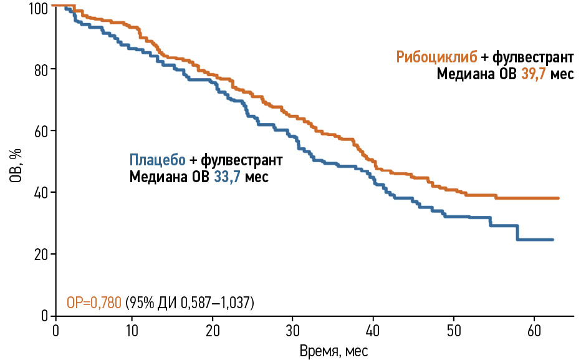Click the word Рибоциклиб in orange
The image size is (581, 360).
(437, 57)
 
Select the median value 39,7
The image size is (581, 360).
(535, 74)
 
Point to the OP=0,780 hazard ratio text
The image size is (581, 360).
(94, 303)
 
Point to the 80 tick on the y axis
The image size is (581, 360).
(41, 69)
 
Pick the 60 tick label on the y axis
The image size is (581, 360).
(41, 130)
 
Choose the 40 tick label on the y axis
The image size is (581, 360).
(41, 192)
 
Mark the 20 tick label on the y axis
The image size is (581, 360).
(41, 254)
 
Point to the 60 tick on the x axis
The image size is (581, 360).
(534, 329)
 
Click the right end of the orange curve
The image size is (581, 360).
(559, 198)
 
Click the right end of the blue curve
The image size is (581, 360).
(552, 240)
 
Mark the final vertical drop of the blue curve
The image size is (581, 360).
(518, 233)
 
